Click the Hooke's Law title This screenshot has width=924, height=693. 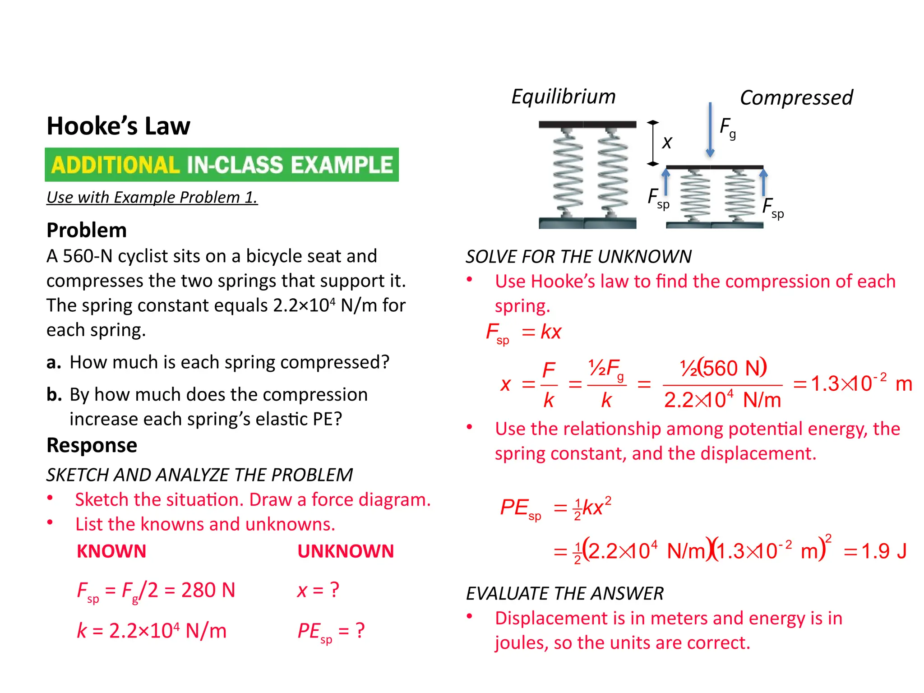point(118,126)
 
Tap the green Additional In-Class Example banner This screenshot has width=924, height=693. point(222,165)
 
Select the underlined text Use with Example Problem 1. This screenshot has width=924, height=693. point(152,198)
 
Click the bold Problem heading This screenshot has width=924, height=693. point(87,230)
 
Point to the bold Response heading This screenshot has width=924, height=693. point(92,445)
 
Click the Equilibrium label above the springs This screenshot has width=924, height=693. point(563,97)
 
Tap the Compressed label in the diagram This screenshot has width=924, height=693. point(796,97)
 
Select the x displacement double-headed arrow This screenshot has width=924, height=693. point(652,143)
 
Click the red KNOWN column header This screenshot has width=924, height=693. point(111,551)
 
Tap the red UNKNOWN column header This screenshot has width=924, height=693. point(346,551)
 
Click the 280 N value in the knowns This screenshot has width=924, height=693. point(208,590)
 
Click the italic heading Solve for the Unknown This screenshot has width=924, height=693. point(578,257)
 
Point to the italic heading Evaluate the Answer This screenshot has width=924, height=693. point(564,594)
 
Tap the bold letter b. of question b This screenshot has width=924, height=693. point(54,395)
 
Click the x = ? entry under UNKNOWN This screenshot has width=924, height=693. point(318,590)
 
